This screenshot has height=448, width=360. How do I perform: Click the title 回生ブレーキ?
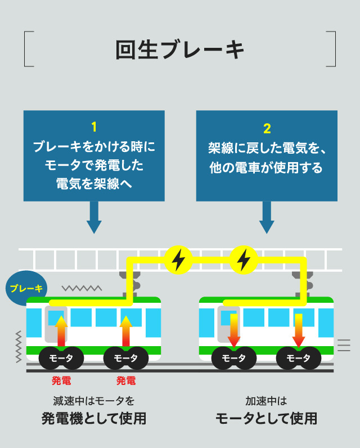180,50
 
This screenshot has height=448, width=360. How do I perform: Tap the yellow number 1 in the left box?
94,127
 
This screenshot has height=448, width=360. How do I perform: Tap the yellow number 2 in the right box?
267,128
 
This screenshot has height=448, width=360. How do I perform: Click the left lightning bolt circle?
178,259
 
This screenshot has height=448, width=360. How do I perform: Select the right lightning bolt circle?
244,259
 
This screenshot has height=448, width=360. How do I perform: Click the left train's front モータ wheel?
61,358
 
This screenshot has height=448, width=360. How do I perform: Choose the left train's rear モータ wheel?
126,358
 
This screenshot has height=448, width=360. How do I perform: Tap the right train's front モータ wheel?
233,358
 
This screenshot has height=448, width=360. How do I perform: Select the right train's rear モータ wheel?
299,358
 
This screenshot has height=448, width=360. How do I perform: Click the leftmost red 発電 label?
61,381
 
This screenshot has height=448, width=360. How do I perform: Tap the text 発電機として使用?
94,419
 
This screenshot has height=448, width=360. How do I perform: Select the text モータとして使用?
267,419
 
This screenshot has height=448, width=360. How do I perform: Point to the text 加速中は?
267,401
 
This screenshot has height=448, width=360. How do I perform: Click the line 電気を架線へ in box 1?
94,183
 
